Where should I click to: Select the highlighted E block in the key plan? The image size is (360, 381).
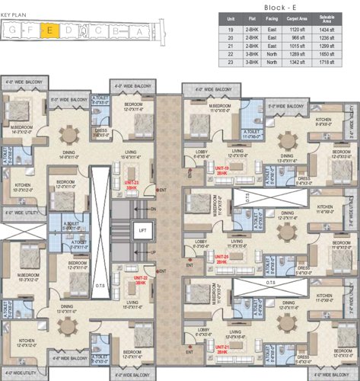click(x=49, y=31)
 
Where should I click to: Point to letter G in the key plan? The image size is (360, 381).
click(x=14, y=31)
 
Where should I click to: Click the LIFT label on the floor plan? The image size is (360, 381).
click(x=142, y=229)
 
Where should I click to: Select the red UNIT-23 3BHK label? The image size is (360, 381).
click(x=132, y=185)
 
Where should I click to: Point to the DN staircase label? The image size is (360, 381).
click(x=153, y=209)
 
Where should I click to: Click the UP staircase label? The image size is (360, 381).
click(x=153, y=251)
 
